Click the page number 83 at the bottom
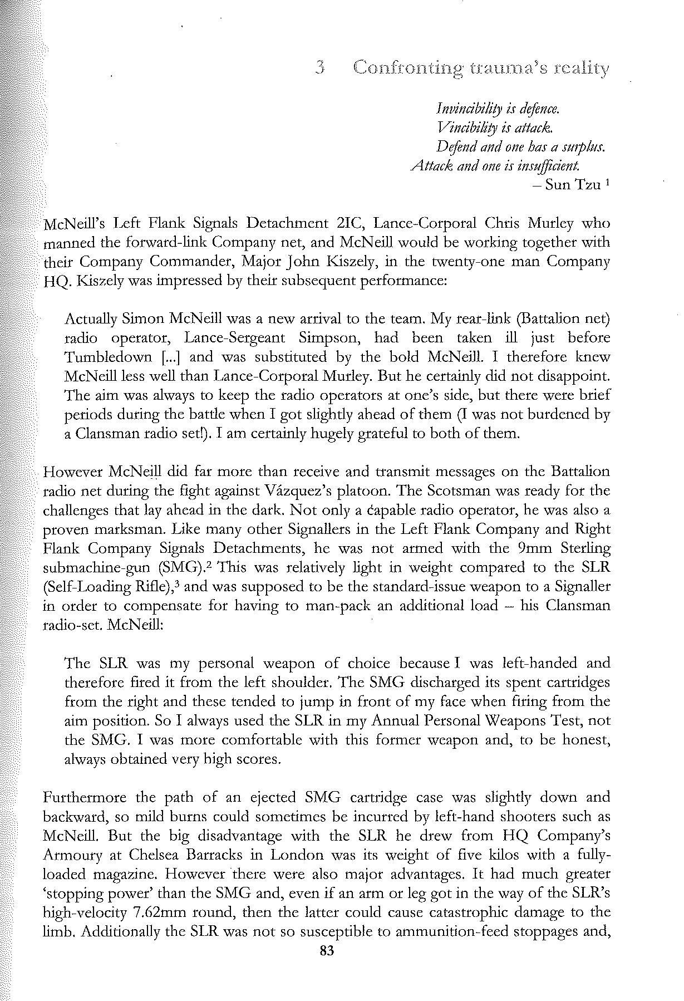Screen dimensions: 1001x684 click(x=327, y=951)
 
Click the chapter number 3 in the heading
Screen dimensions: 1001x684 click(x=319, y=68)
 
